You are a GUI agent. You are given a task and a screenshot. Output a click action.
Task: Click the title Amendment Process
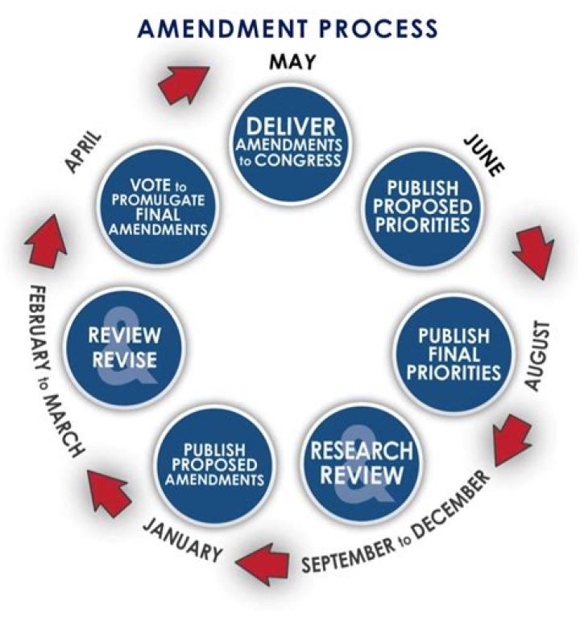coord(289,28)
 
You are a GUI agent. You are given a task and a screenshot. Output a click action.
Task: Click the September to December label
coord(396,524)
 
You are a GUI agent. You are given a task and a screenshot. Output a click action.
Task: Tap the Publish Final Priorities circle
coord(453,354)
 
